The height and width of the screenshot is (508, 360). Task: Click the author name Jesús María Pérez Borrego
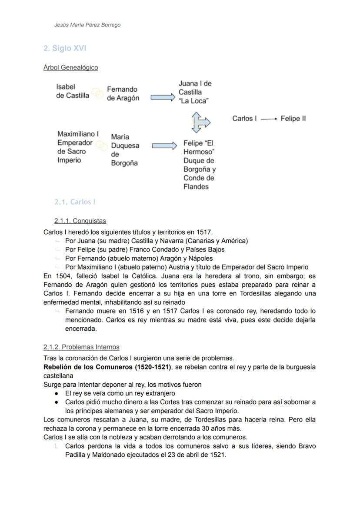tap(87, 25)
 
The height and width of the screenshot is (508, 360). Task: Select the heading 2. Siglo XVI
tap(65, 48)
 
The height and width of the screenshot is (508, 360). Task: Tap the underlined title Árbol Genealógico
tap(70, 67)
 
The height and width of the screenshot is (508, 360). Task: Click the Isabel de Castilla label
tap(72, 91)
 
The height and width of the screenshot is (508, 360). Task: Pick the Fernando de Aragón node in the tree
tap(123, 93)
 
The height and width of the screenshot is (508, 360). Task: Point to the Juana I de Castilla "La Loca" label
tap(195, 92)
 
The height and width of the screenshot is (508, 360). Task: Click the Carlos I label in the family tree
tap(244, 119)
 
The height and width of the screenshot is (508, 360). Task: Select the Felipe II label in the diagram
tap(293, 119)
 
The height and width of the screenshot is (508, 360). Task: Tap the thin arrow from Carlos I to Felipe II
tap(269, 119)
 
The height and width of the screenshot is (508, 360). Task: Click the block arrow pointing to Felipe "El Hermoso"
tap(164, 146)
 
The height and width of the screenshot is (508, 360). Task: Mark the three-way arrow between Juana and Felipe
tap(200, 122)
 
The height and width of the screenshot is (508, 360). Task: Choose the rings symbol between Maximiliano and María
tap(102, 146)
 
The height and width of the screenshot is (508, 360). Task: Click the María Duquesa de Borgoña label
tap(125, 150)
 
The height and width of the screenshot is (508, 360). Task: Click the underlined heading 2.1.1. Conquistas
tap(80, 221)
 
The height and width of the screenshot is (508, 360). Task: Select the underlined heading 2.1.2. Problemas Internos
tap(81, 347)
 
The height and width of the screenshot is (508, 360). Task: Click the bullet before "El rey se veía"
tap(57, 393)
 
